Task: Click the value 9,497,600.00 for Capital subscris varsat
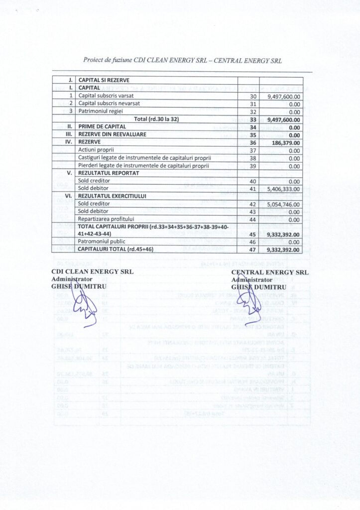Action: pos(283,96)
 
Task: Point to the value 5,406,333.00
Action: pos(283,189)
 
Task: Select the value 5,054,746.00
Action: pos(283,204)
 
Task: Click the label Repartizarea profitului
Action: pos(106,219)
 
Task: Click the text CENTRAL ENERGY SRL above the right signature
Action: pos(270,272)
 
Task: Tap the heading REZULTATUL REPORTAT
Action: pos(109,173)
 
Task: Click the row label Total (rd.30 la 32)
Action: pos(156,119)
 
